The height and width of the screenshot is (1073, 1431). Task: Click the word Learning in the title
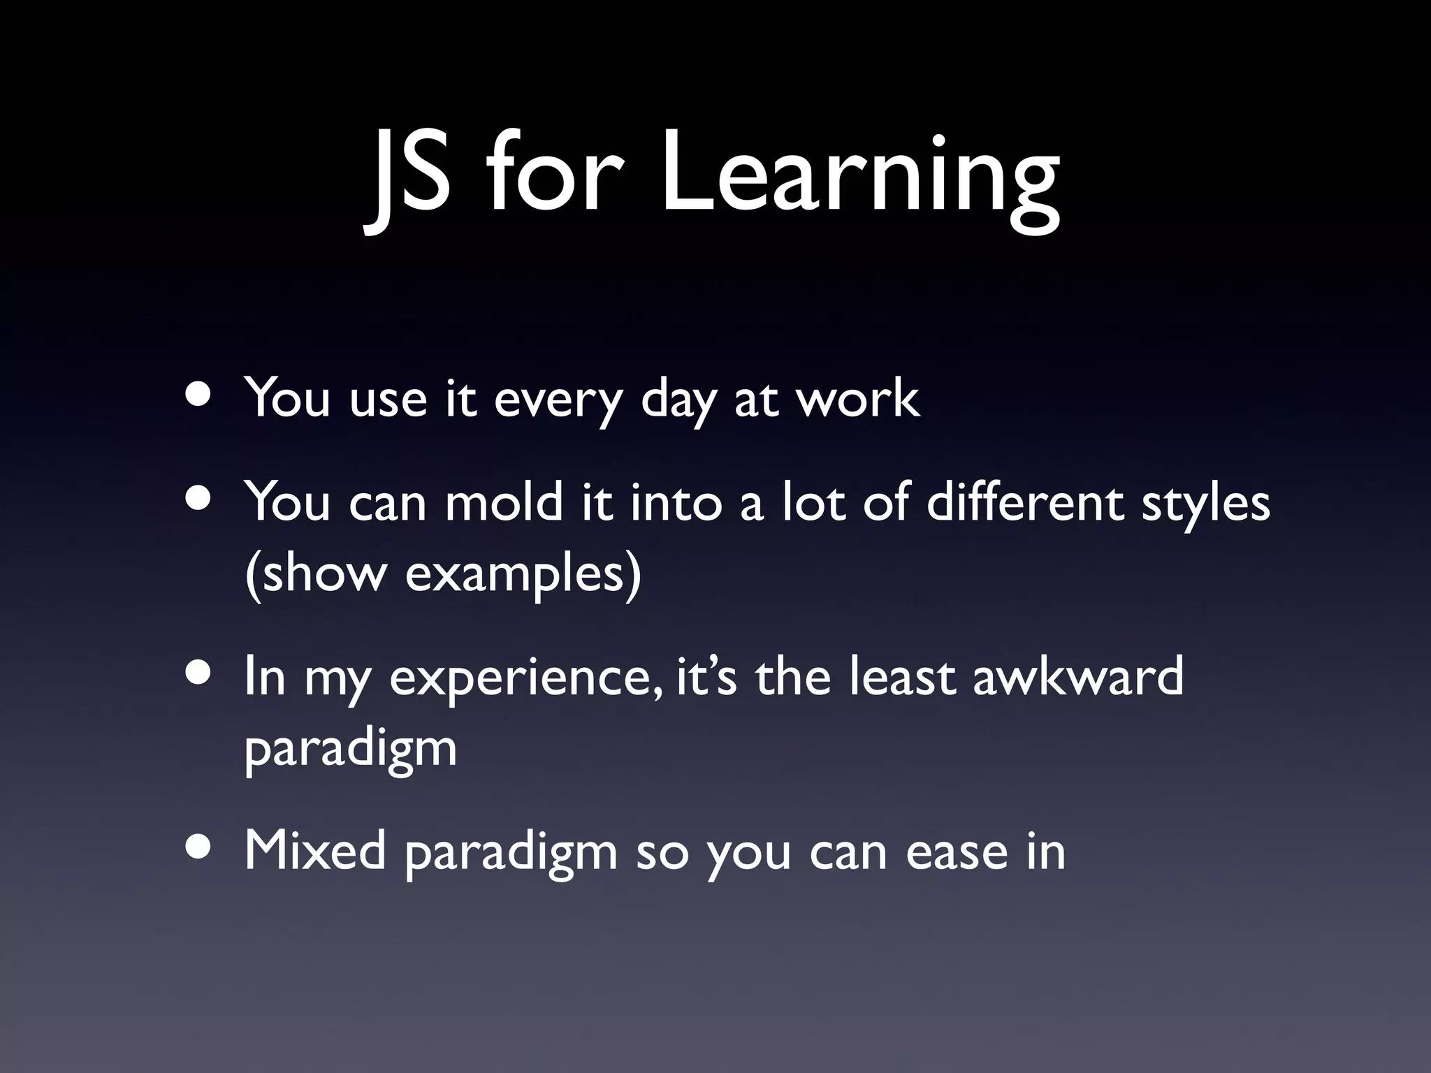859,175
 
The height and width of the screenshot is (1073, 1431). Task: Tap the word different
1024,502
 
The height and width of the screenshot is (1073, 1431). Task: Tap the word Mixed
314,851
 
